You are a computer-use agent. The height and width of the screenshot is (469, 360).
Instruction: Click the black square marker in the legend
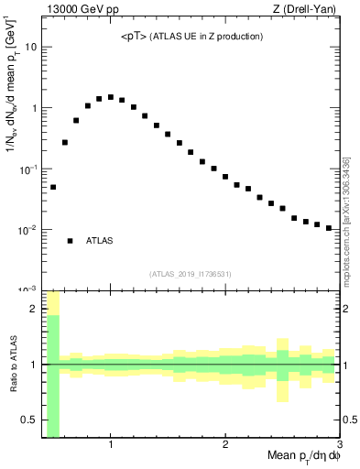[70, 241]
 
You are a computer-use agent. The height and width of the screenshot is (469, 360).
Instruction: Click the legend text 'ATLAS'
[100, 241]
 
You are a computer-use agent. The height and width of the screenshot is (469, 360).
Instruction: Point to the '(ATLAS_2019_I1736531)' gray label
[191, 273]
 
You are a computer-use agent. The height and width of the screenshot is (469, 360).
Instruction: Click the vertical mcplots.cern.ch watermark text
[347, 219]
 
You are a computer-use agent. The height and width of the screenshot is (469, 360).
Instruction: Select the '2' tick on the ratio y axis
[34, 309]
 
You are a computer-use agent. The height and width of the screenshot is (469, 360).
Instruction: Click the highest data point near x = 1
[111, 97]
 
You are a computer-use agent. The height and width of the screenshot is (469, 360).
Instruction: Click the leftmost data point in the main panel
[53, 187]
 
